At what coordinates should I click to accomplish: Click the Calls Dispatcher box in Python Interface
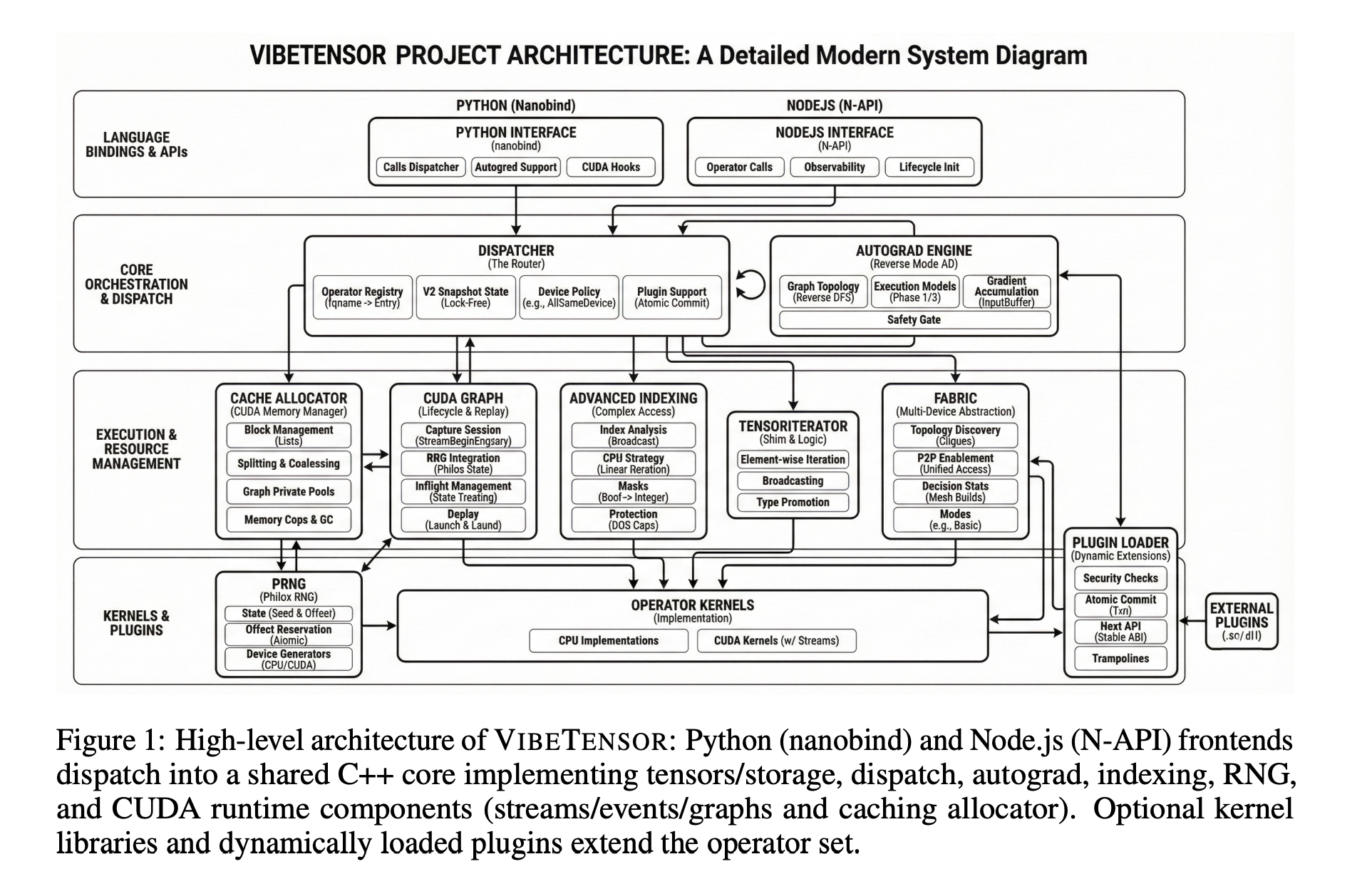point(421,167)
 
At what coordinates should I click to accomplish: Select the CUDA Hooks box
point(611,167)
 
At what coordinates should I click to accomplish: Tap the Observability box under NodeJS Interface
point(834,167)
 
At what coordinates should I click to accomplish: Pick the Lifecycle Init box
point(929,167)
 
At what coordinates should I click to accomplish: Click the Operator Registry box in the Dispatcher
point(362,297)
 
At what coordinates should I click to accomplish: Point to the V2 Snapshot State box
point(465,297)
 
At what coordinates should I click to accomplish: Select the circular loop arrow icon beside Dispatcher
point(750,284)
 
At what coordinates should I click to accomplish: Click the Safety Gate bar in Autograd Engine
point(914,319)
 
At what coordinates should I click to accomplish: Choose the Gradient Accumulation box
point(1006,291)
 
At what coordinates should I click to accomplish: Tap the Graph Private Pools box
point(288,491)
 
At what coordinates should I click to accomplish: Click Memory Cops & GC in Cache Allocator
point(288,520)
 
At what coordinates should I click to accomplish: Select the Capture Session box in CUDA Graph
point(463,435)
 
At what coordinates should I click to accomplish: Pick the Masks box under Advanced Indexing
point(633,491)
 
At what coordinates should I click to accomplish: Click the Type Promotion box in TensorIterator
point(793,502)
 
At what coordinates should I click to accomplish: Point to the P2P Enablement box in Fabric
point(955,463)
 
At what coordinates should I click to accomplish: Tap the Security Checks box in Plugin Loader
point(1120,578)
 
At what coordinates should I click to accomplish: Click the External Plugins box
point(1241,621)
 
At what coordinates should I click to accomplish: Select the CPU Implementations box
point(608,640)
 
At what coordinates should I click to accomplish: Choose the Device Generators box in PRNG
point(288,659)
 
